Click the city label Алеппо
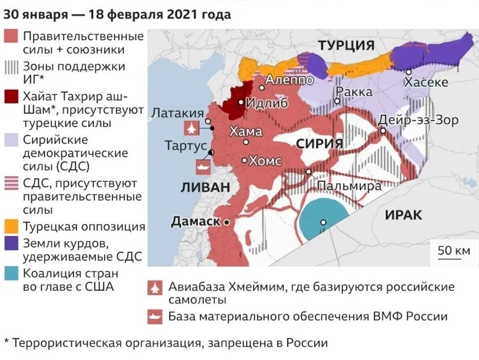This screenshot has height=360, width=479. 289,79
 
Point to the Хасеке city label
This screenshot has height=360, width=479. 426,82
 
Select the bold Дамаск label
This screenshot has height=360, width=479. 196,222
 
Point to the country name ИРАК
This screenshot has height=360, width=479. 404,215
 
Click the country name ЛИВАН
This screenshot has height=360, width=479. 205,187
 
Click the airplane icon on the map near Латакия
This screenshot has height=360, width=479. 191,128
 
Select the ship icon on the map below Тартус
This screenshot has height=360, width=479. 201,167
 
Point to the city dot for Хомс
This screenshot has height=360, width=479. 244,160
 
